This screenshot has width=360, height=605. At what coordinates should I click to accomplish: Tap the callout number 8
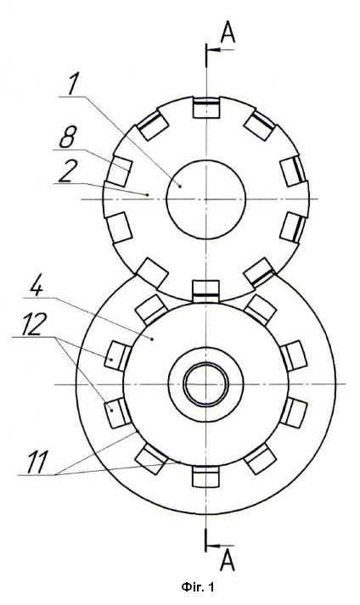point(68,136)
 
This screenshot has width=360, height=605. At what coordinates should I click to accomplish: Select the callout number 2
point(66,171)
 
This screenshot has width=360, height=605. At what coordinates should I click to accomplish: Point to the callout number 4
point(37,285)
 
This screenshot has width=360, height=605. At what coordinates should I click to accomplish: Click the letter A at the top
point(228,33)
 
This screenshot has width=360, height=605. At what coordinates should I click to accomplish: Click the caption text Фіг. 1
point(197,588)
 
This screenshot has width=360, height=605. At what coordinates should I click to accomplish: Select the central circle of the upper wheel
point(205,199)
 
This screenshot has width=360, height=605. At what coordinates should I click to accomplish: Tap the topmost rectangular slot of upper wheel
point(206,108)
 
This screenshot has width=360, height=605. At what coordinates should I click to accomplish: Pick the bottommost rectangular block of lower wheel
point(205,477)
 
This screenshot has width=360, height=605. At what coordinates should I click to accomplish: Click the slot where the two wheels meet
point(205,291)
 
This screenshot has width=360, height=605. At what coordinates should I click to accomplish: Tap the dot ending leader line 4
point(153,339)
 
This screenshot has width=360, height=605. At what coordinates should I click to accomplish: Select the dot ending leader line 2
point(149,195)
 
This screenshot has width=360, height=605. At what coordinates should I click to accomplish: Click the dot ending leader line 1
point(180,186)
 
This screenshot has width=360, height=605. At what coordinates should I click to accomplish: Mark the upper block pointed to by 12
point(118,356)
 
